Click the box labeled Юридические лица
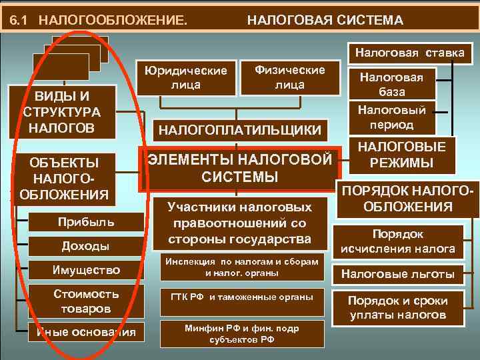point(189,77)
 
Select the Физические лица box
point(291,77)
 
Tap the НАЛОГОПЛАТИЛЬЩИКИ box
point(239,129)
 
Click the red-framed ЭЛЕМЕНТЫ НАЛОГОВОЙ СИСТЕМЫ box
point(239,168)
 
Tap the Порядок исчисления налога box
point(398,243)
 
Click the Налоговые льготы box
point(398,273)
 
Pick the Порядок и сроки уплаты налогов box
point(398,307)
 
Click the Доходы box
point(85,246)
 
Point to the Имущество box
point(86,270)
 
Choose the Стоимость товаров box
point(86,301)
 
